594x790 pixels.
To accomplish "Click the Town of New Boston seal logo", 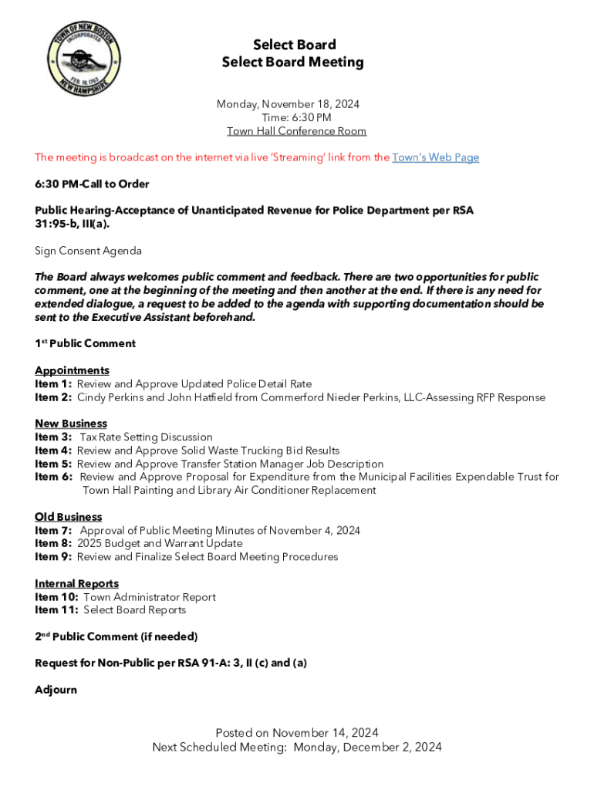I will point(84,60).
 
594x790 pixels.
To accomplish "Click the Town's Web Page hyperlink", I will point(436,157).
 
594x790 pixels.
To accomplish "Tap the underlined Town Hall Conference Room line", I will point(296,131).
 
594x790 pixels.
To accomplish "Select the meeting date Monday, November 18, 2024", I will point(288,104).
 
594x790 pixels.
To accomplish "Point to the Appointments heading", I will point(72,370).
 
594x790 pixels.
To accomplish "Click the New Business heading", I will point(71,424).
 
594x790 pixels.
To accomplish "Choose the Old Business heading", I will point(68,517).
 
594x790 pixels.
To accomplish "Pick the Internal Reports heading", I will point(76,584).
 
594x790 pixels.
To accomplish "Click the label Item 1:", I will point(53,384).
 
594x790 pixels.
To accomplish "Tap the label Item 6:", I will point(53,477).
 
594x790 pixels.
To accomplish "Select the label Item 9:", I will point(53,557).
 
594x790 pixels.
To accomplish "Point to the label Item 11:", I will point(56,610).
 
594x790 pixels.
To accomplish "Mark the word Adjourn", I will point(56,690).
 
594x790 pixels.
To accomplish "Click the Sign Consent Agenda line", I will point(88,251).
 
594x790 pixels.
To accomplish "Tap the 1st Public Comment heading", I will point(85,343).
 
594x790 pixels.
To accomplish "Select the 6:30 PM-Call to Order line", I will point(92,184).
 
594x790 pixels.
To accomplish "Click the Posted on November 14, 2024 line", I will point(297,733).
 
